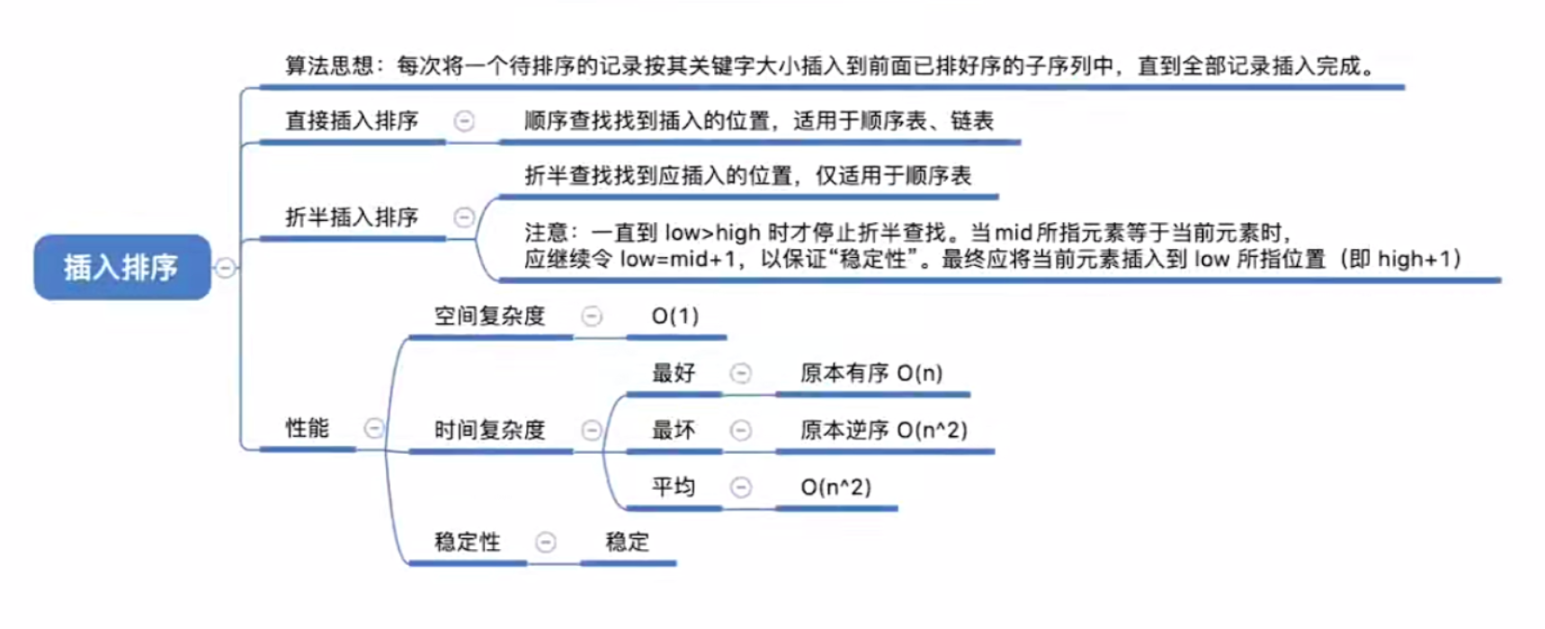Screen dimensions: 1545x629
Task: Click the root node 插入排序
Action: (x=122, y=267)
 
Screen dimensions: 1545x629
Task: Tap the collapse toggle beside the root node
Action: (x=225, y=268)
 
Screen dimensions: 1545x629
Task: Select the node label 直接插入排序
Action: (x=352, y=120)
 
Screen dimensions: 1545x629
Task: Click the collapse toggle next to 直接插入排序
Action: (x=464, y=120)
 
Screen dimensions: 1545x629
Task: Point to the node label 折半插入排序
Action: (x=352, y=217)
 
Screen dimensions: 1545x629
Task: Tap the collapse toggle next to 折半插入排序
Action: (x=464, y=217)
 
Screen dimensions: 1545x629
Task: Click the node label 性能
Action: (x=308, y=428)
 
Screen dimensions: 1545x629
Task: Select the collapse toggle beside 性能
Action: (x=374, y=429)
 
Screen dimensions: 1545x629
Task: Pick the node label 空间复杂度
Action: (x=490, y=315)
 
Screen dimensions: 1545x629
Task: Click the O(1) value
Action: (x=675, y=315)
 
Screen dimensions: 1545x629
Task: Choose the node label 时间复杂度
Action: (x=490, y=430)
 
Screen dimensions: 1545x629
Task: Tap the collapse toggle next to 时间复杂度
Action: (x=592, y=430)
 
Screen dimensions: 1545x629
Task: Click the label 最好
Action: (x=674, y=373)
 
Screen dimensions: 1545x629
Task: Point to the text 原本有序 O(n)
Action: (x=871, y=373)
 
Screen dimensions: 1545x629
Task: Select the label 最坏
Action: (x=674, y=430)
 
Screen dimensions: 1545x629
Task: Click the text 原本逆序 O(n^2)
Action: (x=884, y=430)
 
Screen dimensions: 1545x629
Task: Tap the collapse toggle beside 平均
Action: (x=741, y=487)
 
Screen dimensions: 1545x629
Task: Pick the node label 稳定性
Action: (x=468, y=542)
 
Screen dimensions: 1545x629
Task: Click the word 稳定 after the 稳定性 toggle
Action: (x=628, y=542)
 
